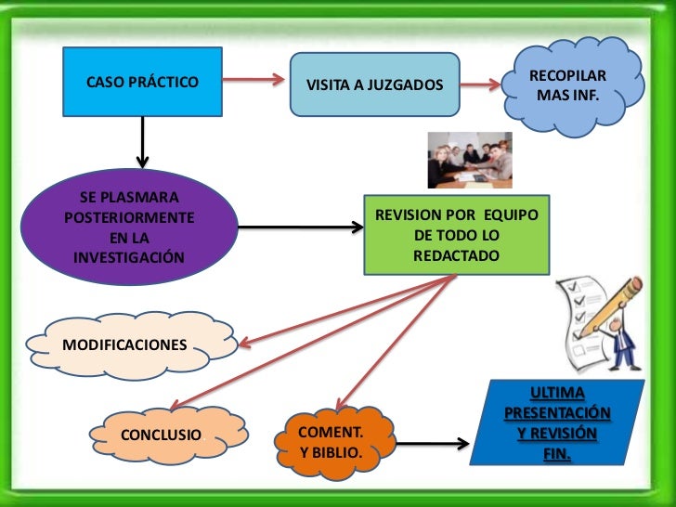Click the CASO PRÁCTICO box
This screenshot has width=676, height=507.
click(x=142, y=82)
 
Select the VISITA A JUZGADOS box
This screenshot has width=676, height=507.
click(x=374, y=86)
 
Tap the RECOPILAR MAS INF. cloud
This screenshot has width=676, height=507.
click(x=567, y=85)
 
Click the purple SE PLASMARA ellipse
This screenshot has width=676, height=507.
click(x=129, y=227)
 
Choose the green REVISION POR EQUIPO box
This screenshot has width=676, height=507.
click(x=456, y=234)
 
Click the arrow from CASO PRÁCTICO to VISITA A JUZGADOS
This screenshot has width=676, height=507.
click(x=253, y=81)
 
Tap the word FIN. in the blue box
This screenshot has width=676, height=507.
click(x=557, y=455)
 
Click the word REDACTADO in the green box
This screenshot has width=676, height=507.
click(x=456, y=253)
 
